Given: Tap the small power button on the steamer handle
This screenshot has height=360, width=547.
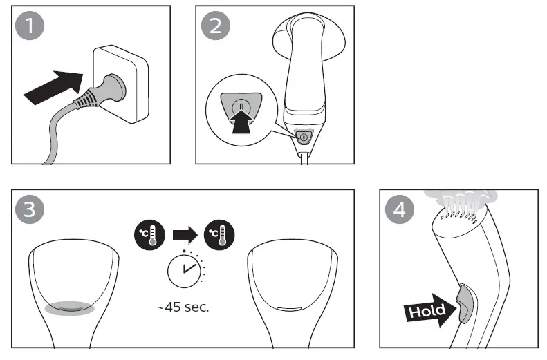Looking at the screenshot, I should [x=302, y=135].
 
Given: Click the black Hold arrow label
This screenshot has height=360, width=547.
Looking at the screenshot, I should [x=427, y=310].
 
